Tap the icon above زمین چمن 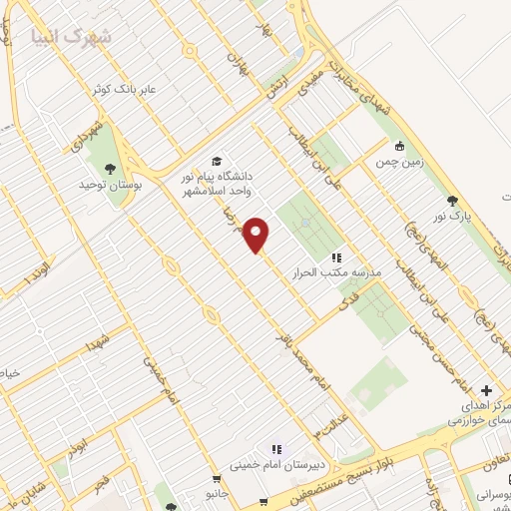(x=399, y=146)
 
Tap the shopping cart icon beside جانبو (x=263, y=501)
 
